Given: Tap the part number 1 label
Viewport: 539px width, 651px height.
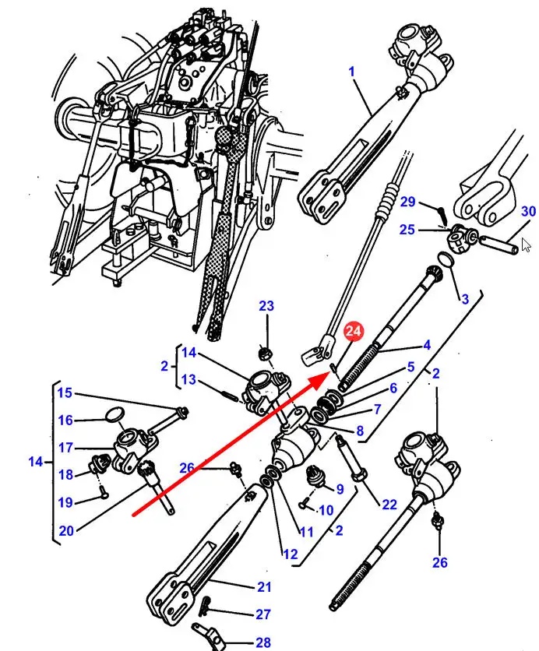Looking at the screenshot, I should pos(351,72).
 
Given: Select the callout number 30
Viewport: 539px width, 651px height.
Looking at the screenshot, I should pos(528,212).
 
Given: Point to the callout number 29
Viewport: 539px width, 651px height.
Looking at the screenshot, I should pos(408,202).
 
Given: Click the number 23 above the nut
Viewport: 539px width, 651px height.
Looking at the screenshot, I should pos(266,306).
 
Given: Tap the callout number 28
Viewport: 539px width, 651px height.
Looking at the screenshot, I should pos(263,643).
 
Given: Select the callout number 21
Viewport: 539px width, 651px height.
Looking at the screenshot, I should pos(264,587).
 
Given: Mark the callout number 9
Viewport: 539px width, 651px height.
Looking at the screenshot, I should pos(339,489).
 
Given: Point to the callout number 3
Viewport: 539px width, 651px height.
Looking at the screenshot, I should pos(464,299).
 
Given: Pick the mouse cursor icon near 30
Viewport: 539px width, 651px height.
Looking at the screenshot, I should pos(526,245).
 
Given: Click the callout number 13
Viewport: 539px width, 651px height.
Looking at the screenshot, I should pos(189,380).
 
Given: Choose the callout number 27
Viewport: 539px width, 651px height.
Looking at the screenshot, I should pos(263,614).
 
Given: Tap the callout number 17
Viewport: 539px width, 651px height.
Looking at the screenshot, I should pos(65,448).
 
